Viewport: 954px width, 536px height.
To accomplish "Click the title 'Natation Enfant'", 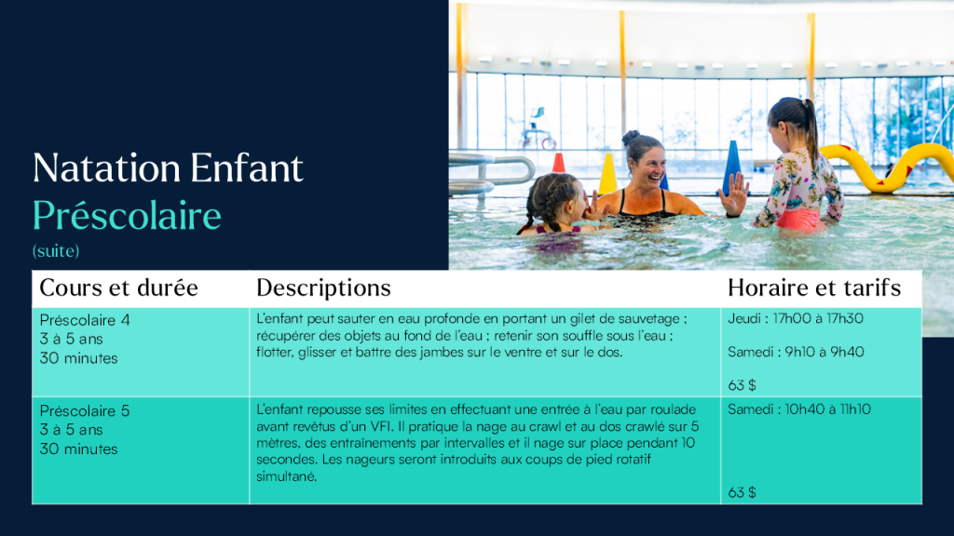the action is [168, 167].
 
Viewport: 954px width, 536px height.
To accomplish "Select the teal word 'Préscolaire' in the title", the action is [127, 216].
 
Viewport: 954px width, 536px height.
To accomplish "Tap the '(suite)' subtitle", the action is [56, 251].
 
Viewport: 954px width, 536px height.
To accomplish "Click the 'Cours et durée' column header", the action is [118, 288].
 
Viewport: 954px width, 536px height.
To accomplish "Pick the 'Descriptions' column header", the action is [323, 288].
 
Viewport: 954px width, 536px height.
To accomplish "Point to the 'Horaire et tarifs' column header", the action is [814, 288].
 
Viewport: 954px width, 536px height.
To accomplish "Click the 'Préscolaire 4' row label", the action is [85, 320].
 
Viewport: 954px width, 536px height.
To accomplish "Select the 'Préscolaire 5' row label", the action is [85, 410].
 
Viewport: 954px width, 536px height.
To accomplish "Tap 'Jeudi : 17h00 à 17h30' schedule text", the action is [796, 318].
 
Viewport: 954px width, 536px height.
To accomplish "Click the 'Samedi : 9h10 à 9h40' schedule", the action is [796, 352].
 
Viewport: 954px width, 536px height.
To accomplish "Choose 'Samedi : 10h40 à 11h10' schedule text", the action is [798, 409].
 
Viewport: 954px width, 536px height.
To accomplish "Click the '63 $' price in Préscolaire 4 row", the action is [742, 385].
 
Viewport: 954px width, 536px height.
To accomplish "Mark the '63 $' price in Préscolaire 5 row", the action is [742, 492].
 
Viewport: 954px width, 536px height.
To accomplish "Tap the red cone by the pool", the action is [559, 163].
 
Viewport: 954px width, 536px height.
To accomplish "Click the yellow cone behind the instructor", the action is [607, 174].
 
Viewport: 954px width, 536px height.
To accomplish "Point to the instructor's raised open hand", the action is [734, 194].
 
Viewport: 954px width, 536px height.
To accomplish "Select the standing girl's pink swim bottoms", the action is [798, 220].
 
